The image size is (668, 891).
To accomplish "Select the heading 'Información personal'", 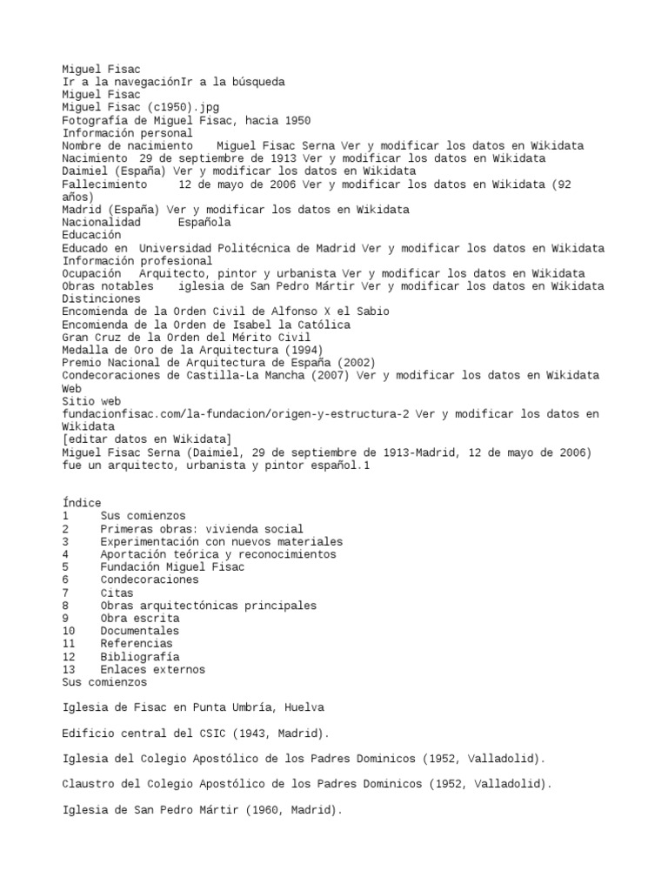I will coord(128,133).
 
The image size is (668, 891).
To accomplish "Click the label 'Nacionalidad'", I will coord(102,223).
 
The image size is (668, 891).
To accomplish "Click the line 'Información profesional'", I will coord(137,261).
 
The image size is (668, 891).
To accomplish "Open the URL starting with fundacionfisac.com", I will coord(235,414).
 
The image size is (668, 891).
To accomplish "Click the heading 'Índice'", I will coord(82,503).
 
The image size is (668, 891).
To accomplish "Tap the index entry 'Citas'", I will coord(117,593).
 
